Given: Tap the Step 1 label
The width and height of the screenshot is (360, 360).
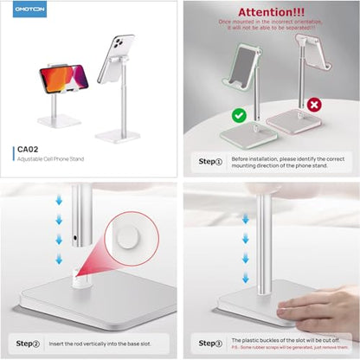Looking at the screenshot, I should click(211, 162).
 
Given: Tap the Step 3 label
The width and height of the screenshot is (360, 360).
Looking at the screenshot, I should click(211, 344).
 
